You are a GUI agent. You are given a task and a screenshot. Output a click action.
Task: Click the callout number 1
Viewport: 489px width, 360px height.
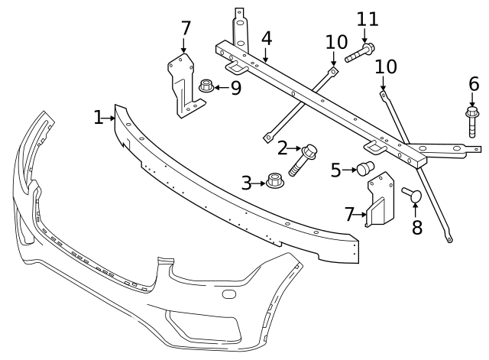pos(98,118)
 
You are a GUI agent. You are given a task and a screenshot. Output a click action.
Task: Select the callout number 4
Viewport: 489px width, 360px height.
pos(266,37)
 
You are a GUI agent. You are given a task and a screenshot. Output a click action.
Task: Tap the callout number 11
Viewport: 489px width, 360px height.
pos(367,18)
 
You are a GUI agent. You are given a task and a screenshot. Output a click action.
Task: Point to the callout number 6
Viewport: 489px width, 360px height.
pos(474,84)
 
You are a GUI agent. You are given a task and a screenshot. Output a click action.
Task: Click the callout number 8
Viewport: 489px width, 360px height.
pos(416,228)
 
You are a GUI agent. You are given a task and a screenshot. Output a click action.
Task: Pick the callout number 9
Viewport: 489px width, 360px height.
pos(235,88)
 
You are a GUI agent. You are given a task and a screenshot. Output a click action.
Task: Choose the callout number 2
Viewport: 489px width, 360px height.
pos(282,148)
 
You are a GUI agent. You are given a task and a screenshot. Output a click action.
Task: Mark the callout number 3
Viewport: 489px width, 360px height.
pos(246,183)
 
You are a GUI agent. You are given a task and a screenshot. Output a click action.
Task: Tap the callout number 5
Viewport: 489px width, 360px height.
pos(335,170)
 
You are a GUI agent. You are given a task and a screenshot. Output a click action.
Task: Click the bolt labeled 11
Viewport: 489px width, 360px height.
pos(359,54)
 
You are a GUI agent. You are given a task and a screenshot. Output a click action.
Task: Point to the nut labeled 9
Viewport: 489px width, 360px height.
pos(205,86)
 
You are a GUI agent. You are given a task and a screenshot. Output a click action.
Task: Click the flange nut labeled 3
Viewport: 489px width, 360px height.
pos(275,183)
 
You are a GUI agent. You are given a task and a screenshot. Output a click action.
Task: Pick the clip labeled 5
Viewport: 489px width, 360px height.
pos(364,167)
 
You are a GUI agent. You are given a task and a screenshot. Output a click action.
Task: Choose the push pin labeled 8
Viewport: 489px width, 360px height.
pos(413,196)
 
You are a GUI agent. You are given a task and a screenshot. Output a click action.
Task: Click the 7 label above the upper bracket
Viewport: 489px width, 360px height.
pos(186,28)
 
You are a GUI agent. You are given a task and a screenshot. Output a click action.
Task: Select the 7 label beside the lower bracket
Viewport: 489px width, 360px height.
pos(350,215)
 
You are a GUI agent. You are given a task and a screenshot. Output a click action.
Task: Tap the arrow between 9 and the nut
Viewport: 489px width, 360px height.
pos(220,87)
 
